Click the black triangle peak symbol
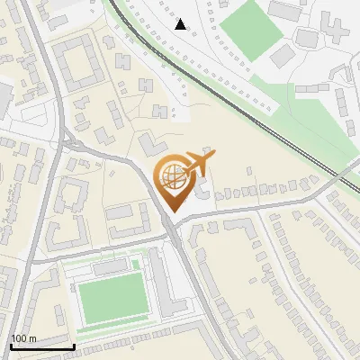pyautogui.click(x=181, y=24)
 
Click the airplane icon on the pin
pyautogui.click(x=197, y=165)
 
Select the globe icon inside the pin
pyautogui.click(x=172, y=175)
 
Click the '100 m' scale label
pyautogui.click(x=23, y=339)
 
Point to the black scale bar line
pyautogui.click(x=41, y=347)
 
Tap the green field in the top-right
pyautogui.click(x=252, y=28)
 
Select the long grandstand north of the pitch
pyautogui.click(x=111, y=267)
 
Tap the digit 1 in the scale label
pyautogui.click(x=13, y=339)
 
